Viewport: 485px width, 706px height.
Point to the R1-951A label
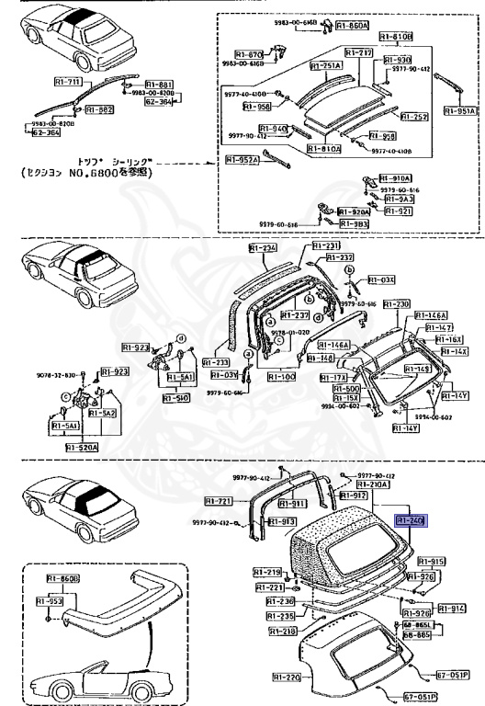pyautogui.click(x=458, y=111)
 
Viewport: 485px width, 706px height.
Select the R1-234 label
pyautogui.click(x=262, y=247)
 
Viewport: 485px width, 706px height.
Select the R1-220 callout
pyautogui.click(x=288, y=678)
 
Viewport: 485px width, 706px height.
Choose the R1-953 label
pyautogui.click(x=50, y=600)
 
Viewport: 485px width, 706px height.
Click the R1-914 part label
pyautogui.click(x=450, y=609)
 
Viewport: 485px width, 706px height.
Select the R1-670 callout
pyautogui.click(x=250, y=53)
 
